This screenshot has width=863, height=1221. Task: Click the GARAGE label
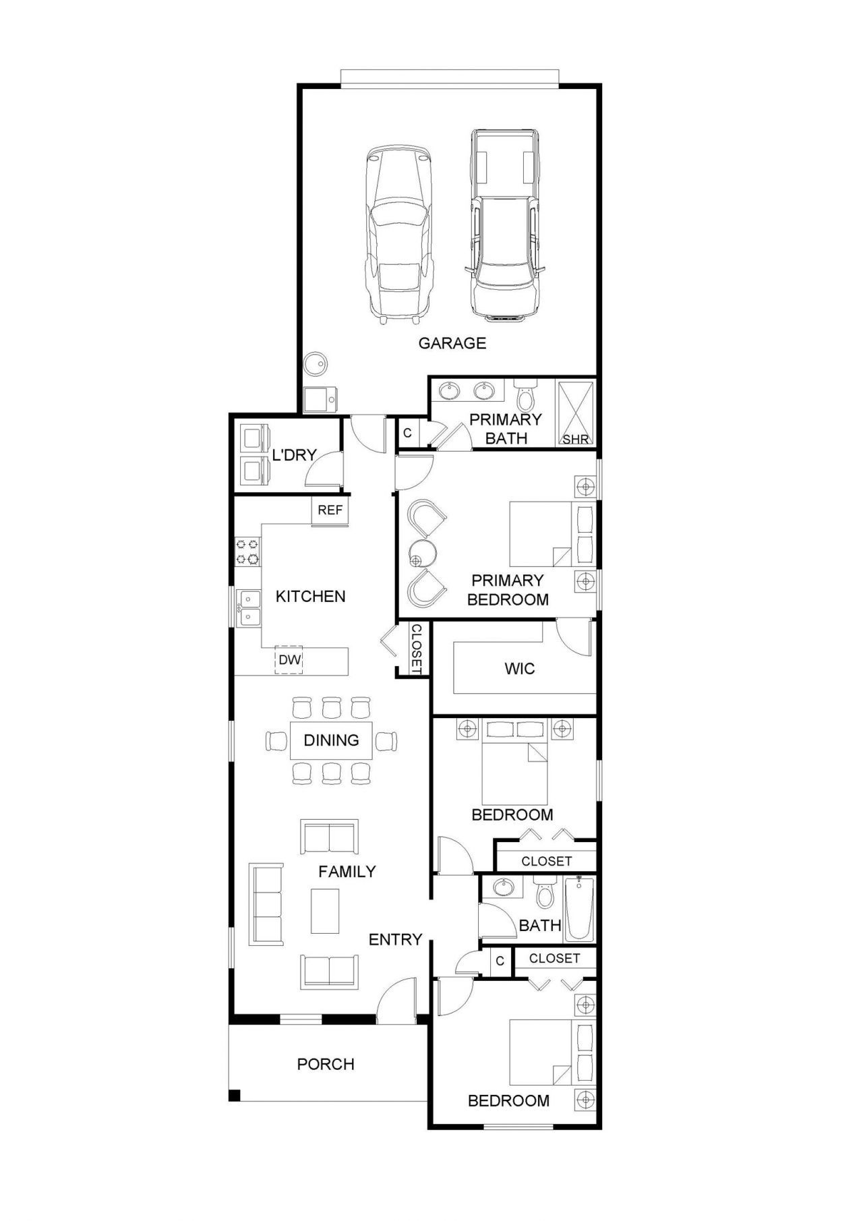click(x=452, y=343)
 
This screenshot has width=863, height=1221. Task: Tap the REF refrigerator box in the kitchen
click(x=330, y=510)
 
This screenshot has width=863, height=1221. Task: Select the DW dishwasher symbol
click(x=289, y=659)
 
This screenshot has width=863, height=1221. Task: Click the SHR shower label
click(x=576, y=440)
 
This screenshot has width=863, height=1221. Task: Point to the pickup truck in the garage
click(x=505, y=223)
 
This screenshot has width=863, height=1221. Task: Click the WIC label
click(x=519, y=669)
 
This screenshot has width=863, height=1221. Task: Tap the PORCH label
click(x=326, y=1064)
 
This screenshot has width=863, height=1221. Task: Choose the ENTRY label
click(x=395, y=939)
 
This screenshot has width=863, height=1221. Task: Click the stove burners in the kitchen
click(x=247, y=551)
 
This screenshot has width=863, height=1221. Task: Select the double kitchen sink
click(x=249, y=607)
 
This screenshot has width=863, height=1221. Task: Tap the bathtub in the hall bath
click(x=579, y=910)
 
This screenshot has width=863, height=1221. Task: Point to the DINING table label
click(x=331, y=740)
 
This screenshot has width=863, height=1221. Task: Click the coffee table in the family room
click(x=325, y=911)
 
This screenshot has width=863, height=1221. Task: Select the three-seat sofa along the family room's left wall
click(x=266, y=904)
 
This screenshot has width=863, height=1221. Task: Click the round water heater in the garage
click(x=316, y=365)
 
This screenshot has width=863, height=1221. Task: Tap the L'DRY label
click(x=294, y=455)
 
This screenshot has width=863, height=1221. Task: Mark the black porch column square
click(x=234, y=1095)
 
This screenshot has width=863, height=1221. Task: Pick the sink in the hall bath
click(x=502, y=887)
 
